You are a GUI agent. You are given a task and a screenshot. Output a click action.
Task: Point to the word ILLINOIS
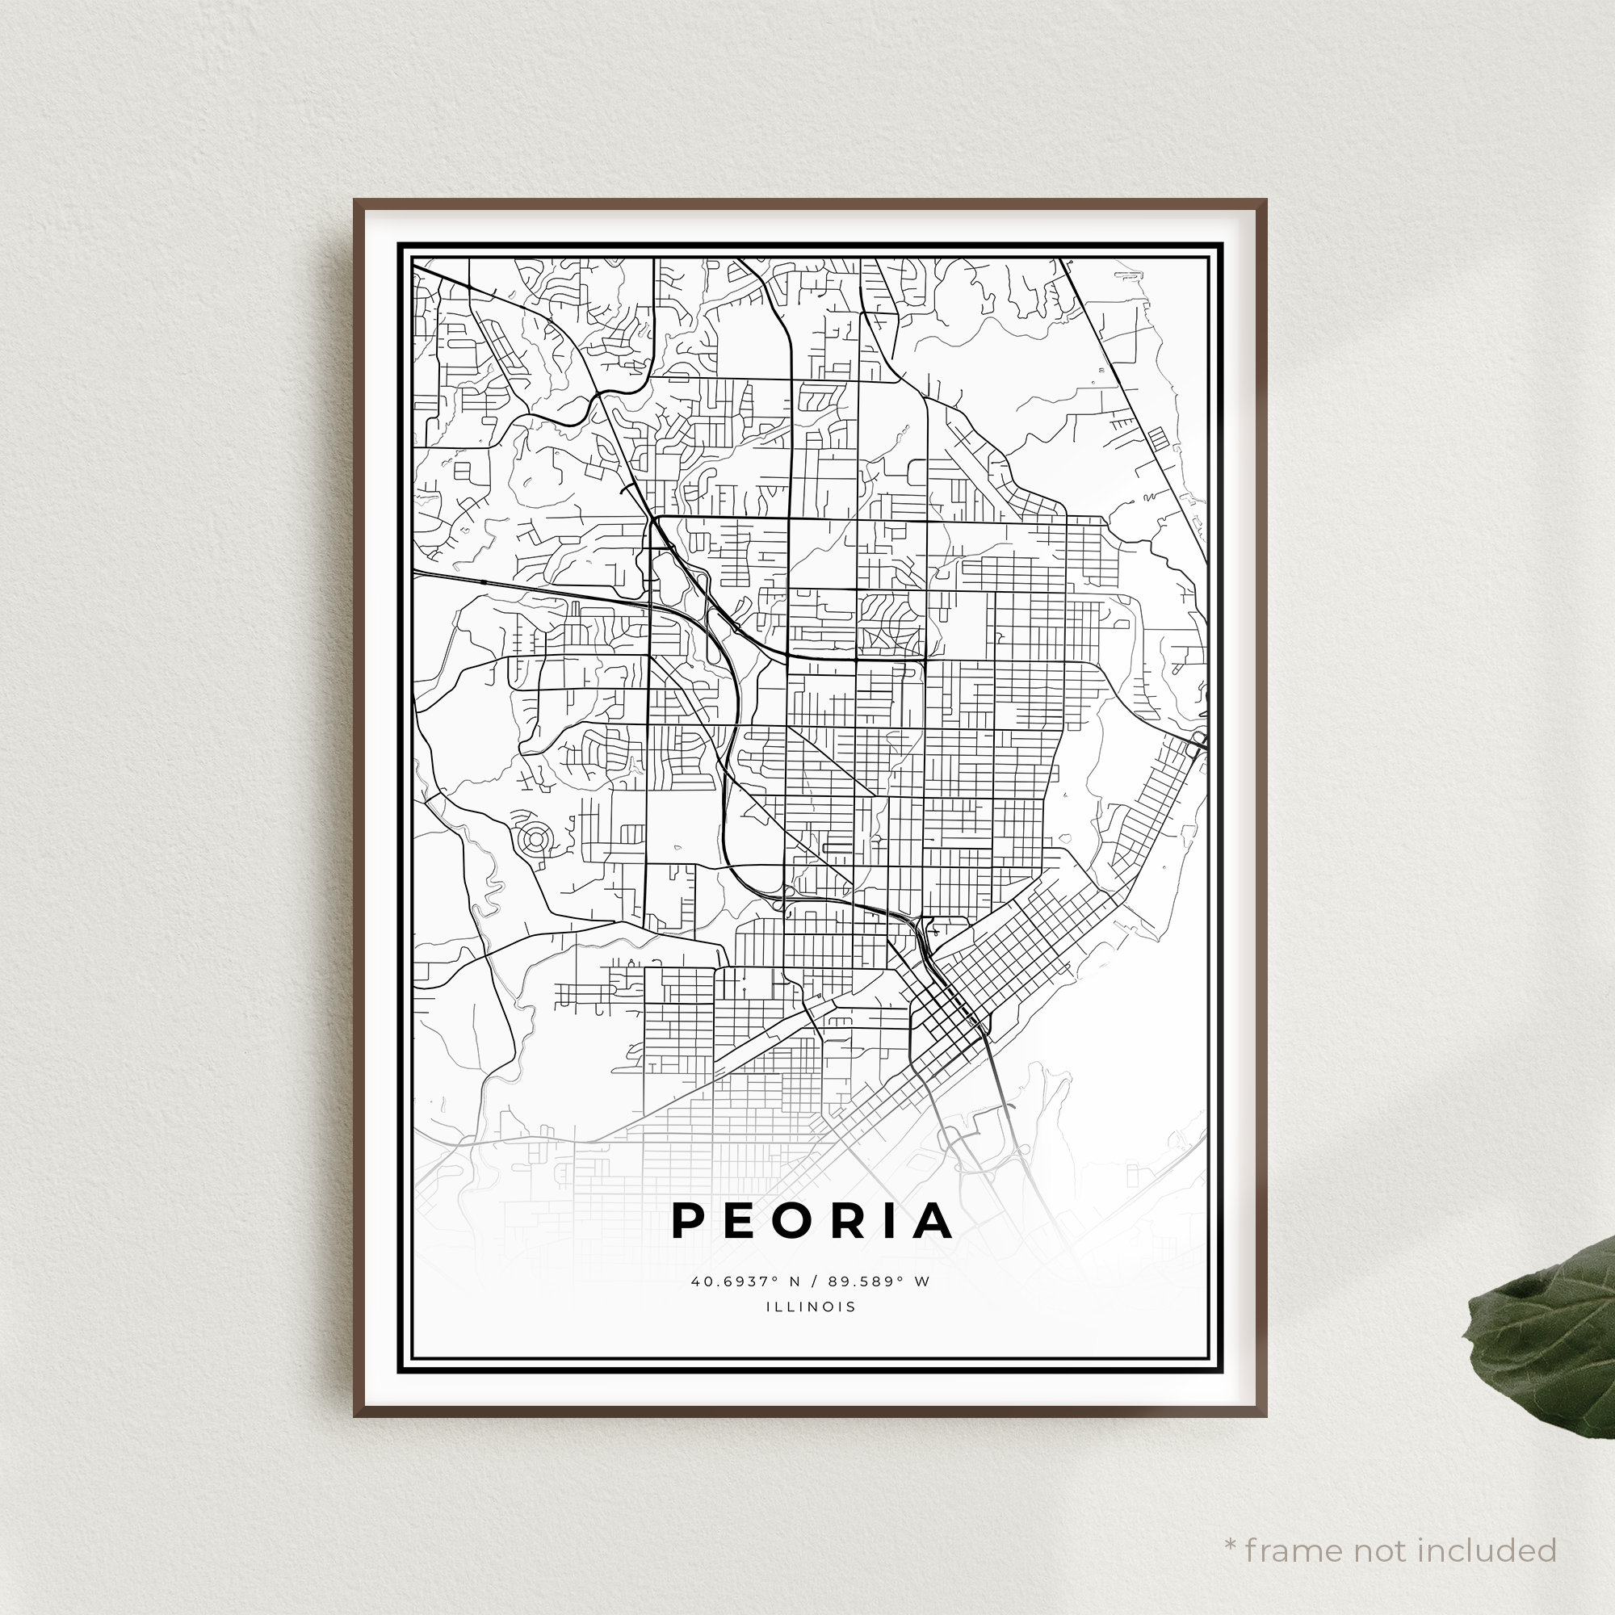click(810, 1307)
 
